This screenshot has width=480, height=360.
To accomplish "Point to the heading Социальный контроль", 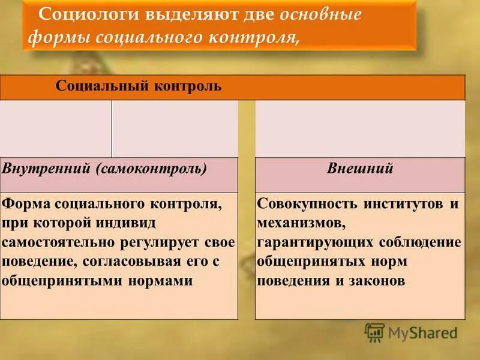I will click(139, 86).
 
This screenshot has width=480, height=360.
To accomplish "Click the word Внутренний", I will click(46, 169).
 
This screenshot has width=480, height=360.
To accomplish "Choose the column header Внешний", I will click(360, 169).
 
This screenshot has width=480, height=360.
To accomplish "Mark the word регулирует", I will click(167, 242).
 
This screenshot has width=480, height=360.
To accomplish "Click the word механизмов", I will click(301, 223).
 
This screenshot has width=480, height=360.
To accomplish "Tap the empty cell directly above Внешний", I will click(360, 128).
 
